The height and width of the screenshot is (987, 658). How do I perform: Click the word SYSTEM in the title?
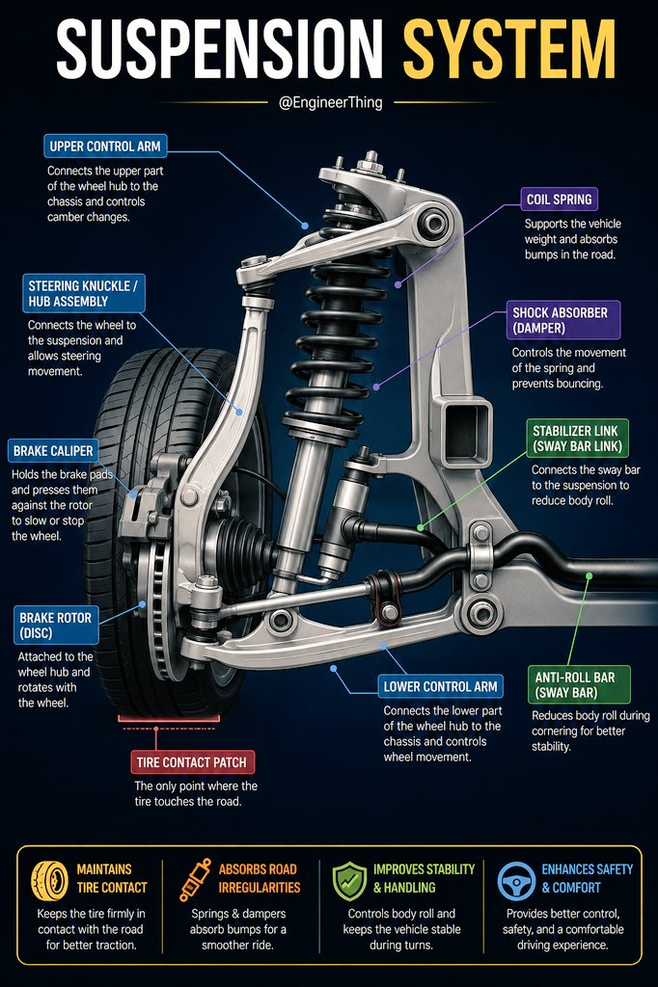(509, 49)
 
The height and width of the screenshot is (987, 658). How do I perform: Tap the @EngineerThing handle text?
(330, 102)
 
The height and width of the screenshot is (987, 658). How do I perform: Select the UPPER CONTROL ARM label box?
(105, 147)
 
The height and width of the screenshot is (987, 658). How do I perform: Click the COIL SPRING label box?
(559, 200)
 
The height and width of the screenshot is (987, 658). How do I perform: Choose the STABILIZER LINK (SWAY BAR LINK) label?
(577, 439)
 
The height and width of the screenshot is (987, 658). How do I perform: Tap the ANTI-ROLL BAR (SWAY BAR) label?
(578, 685)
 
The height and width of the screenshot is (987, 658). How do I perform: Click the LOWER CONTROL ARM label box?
(440, 686)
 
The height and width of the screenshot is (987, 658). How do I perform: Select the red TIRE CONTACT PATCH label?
(192, 762)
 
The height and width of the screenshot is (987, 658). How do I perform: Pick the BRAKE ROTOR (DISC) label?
(55, 625)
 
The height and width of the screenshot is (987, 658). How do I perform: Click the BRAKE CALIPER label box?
(53, 451)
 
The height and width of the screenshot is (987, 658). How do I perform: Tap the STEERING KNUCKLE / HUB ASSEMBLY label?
(83, 293)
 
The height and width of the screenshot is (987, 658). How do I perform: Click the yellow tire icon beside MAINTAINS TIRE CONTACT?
(50, 881)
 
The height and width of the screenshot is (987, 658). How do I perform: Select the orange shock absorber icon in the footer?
(195, 879)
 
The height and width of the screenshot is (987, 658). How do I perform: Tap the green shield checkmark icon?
(349, 881)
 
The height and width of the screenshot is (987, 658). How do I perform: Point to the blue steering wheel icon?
(516, 881)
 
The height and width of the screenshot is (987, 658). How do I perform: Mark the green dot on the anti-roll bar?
(589, 575)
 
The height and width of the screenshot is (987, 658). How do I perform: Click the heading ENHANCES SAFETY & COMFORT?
(587, 878)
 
